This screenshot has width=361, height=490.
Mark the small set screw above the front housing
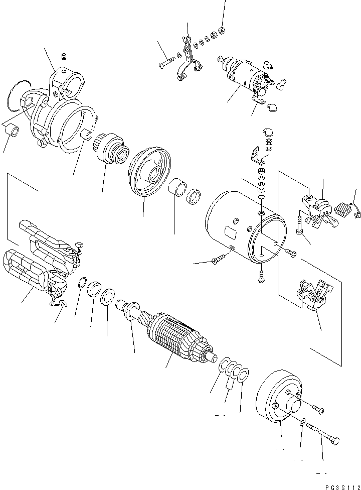tap(64, 55)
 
